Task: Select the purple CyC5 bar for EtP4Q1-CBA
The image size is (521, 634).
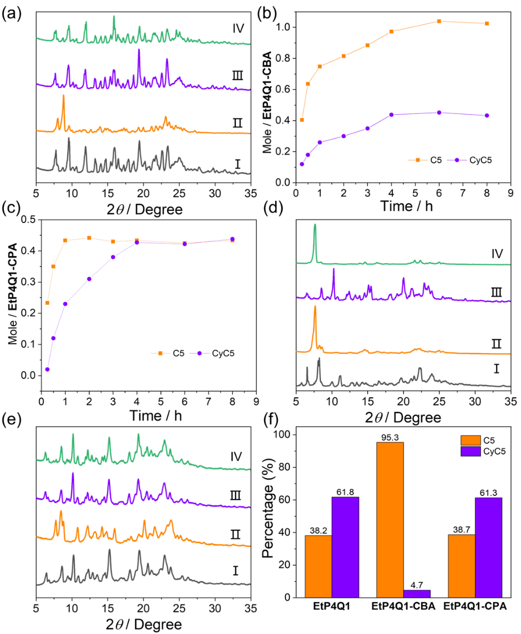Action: (417, 593)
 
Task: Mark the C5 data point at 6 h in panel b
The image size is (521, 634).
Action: (439, 21)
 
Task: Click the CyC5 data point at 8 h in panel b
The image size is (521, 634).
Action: (487, 115)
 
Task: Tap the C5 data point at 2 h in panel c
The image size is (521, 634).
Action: (89, 238)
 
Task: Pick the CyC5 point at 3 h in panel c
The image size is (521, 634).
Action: (113, 257)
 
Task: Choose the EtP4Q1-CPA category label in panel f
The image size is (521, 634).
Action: (475, 608)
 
